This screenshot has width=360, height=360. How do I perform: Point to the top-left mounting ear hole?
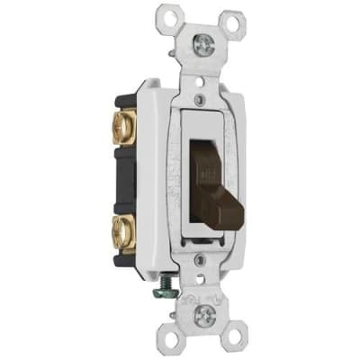tap(165, 15)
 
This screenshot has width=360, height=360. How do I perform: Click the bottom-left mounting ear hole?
tap(166, 339)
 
